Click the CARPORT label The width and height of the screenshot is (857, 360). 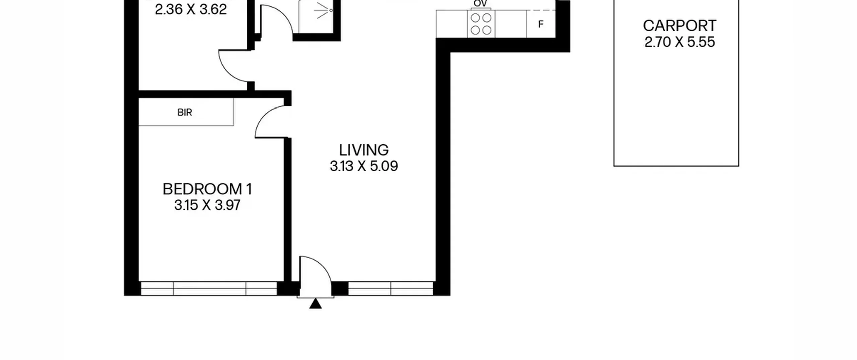[x=680, y=26]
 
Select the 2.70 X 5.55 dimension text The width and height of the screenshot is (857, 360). [x=680, y=42]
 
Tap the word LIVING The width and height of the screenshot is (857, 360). [x=364, y=150]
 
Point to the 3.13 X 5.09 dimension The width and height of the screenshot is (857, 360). [x=364, y=166]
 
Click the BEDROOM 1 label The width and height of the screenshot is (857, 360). [x=207, y=189]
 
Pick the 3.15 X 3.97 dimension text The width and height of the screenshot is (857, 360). [x=207, y=205]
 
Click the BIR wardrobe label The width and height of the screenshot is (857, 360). [x=185, y=112]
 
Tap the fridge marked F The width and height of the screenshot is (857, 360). [x=541, y=24]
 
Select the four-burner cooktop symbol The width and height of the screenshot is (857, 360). [x=481, y=24]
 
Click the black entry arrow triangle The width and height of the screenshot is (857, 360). [x=315, y=304]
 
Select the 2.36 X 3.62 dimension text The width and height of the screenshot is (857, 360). [x=191, y=9]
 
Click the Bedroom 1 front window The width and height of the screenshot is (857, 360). [x=209, y=288]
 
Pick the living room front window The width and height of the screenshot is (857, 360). [x=391, y=288]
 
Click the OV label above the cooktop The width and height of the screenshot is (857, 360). [x=480, y=3]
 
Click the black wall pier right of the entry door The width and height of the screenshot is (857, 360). [x=340, y=289]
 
